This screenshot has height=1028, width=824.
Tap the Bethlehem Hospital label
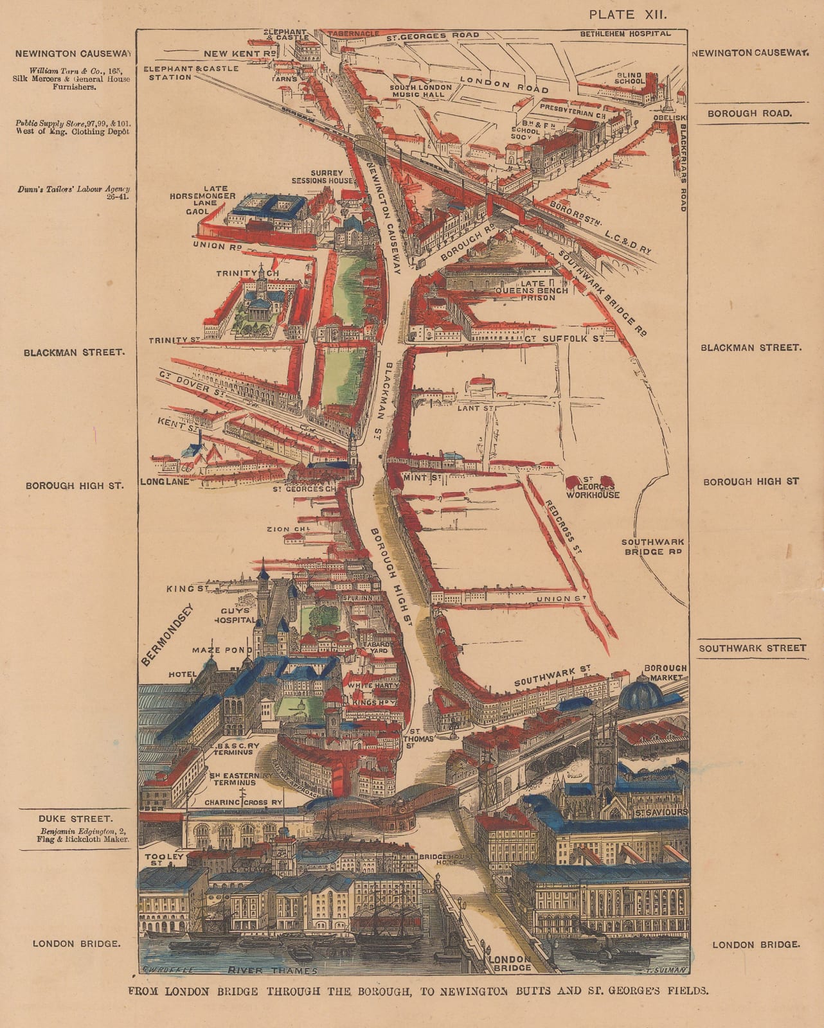click(625, 33)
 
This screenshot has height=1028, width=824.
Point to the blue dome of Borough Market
click(643, 691)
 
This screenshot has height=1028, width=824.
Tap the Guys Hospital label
click(235, 616)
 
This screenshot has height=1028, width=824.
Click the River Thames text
click(273, 971)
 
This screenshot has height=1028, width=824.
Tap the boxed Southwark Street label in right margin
click(752, 648)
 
